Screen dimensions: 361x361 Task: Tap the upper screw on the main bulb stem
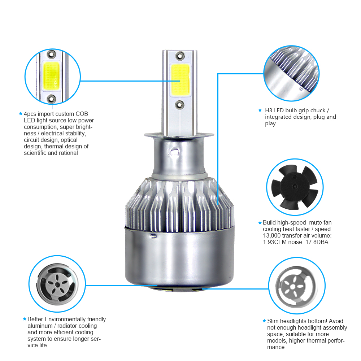(180, 56)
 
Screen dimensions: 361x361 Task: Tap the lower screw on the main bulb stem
(179, 105)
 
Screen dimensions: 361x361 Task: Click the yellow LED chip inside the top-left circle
(51, 76)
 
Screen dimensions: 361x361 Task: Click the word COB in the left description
(82, 114)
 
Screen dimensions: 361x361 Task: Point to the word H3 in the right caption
(269, 110)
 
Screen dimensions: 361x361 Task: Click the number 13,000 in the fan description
(272, 235)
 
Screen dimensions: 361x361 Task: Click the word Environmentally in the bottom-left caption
(65, 319)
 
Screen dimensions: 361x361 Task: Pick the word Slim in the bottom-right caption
(273, 321)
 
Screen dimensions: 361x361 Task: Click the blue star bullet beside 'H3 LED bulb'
(260, 110)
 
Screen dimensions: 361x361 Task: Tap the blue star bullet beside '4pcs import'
(21, 113)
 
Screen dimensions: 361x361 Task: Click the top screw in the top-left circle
(51, 55)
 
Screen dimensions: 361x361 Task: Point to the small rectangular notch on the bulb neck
(175, 152)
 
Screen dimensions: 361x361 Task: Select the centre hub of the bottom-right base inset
(293, 287)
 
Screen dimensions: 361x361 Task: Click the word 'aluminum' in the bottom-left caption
(40, 326)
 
